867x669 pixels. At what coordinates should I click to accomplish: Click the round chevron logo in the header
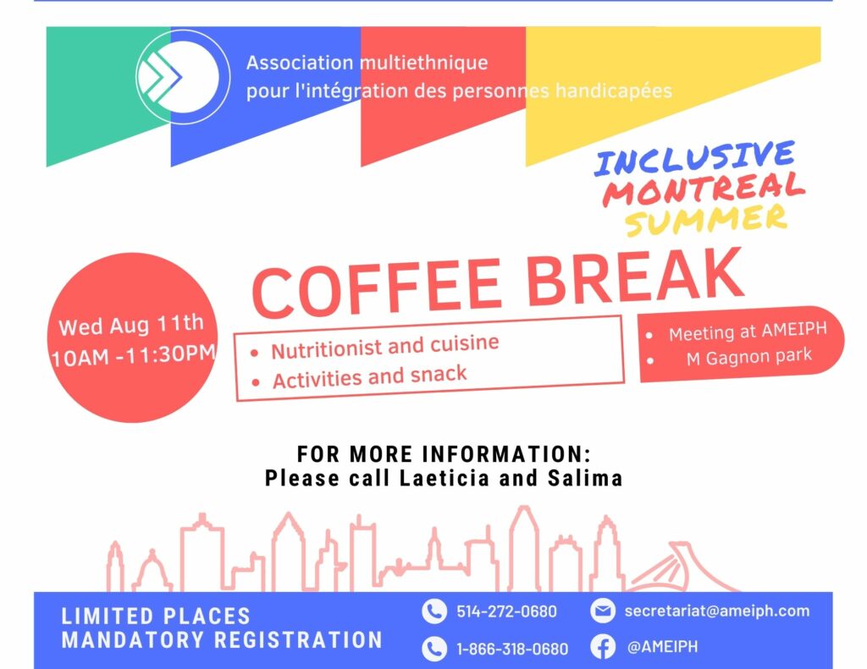coord(183,77)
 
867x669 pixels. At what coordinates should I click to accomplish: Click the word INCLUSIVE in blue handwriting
coord(694,158)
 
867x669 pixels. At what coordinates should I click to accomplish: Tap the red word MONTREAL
coord(704,189)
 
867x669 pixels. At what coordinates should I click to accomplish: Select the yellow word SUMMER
coord(706,219)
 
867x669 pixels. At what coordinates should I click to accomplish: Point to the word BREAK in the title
coord(635,277)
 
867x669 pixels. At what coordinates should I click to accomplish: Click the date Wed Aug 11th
coord(131,325)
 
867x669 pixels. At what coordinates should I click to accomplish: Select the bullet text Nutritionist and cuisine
coord(385,347)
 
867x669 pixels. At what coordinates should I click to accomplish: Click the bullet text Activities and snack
coord(369,377)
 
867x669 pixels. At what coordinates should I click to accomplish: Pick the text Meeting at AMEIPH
coord(748,332)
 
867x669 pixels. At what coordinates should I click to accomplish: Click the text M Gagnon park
coord(749,357)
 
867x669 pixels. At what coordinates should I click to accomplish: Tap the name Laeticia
coord(445,478)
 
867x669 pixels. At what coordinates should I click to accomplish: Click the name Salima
coord(585,478)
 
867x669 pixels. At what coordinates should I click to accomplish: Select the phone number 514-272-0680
coord(506,611)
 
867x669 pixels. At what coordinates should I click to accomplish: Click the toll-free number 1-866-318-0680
coord(512,649)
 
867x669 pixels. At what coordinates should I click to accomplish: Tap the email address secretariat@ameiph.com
coord(717,611)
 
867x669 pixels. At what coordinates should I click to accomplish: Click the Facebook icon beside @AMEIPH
coord(603,647)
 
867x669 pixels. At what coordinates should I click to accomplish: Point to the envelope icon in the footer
coord(603,611)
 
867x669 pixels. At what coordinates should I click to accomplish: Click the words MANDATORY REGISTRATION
coord(222,639)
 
